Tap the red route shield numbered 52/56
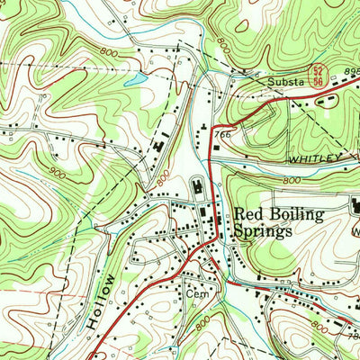[x=318, y=74]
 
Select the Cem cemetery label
[x=197, y=292]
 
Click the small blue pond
[x=134, y=80]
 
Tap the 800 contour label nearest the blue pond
[x=109, y=55]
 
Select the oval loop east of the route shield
[x=329, y=99]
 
